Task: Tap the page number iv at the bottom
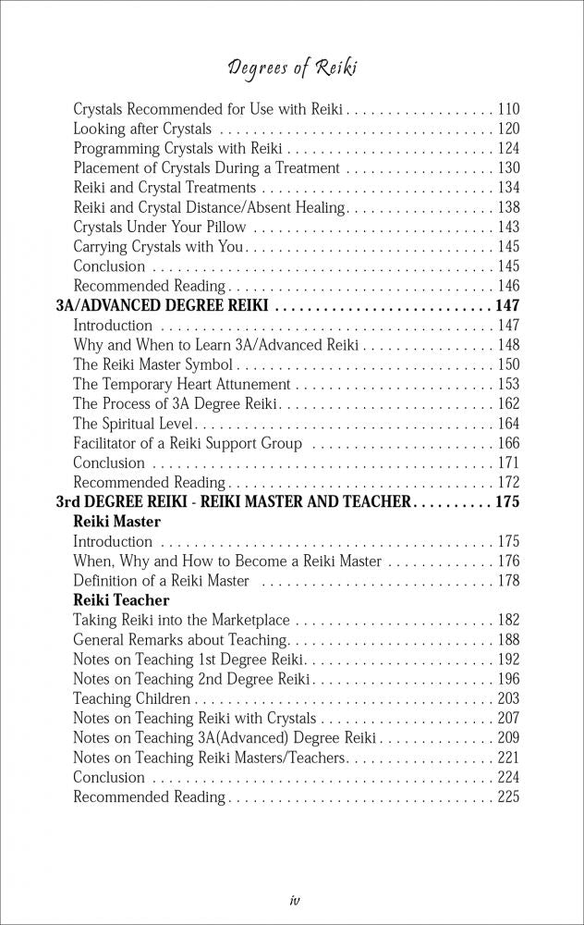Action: (292, 898)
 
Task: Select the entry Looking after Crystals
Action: (142, 129)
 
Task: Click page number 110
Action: (507, 109)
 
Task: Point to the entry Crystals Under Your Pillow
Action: (160, 227)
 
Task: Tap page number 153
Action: (507, 384)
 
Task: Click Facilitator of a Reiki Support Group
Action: (188, 443)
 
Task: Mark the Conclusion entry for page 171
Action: (109, 462)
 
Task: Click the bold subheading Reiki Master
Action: (116, 522)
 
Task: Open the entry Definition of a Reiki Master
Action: (161, 581)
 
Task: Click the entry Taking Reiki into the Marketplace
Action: (181, 620)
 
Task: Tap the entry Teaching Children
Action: (131, 698)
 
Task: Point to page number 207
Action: (507, 718)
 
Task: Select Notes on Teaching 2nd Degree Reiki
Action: (191, 679)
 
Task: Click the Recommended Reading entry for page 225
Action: (149, 796)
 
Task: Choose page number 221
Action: (507, 758)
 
